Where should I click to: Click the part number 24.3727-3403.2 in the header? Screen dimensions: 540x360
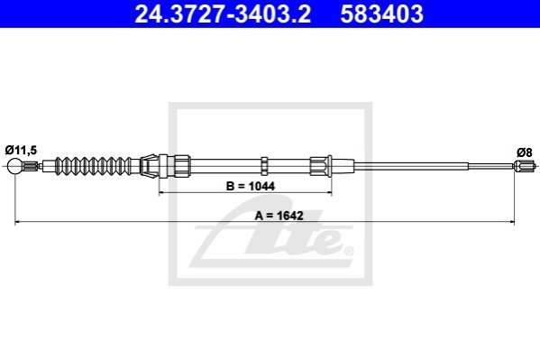coord(223,14)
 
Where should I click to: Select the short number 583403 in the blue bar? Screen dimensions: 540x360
coord(382,14)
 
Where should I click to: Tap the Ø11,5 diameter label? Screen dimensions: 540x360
coord(21,151)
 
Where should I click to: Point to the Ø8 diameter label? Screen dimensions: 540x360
coord(525,152)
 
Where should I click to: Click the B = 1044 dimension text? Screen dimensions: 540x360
coord(251,186)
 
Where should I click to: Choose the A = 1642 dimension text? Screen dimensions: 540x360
coord(279,216)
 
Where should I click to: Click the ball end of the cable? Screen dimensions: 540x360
coord(14,166)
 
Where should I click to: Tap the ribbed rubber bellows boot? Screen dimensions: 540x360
coord(94,166)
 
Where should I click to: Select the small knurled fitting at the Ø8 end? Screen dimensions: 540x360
coord(524,166)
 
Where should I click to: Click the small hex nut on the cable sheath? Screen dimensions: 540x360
coord(264,166)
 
